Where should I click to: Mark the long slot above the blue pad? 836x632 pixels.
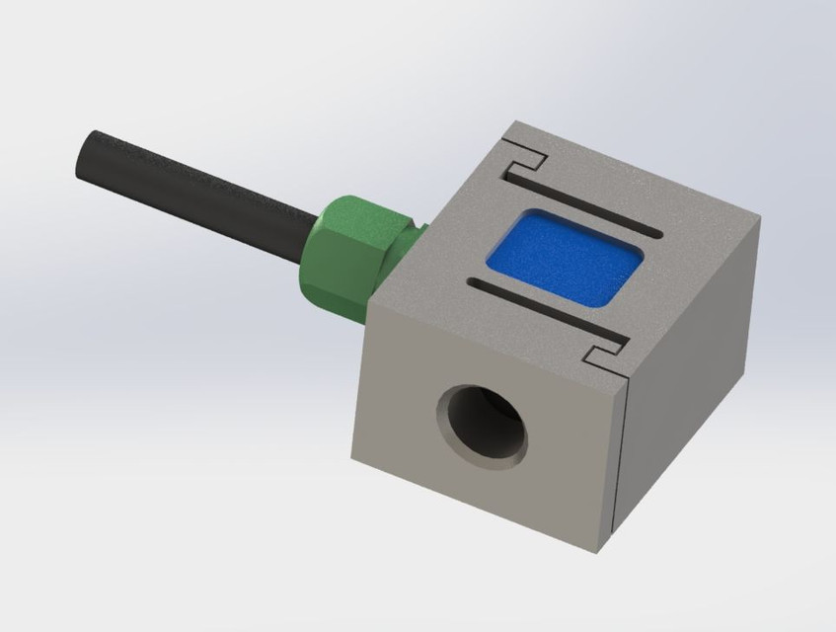582,202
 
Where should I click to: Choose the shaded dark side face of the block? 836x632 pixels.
691,375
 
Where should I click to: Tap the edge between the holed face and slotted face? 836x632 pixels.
494,346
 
